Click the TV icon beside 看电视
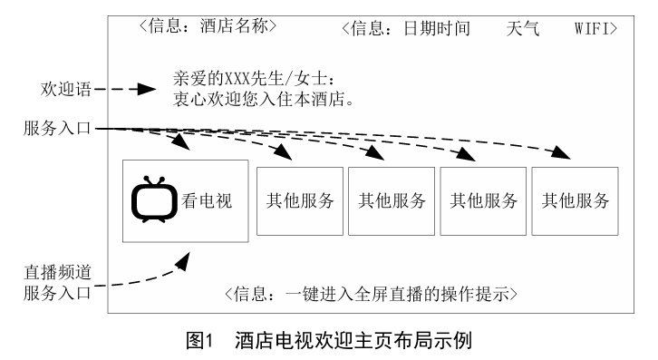pyautogui.click(x=151, y=201)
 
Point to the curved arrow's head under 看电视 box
pyautogui.click(x=184, y=260)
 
